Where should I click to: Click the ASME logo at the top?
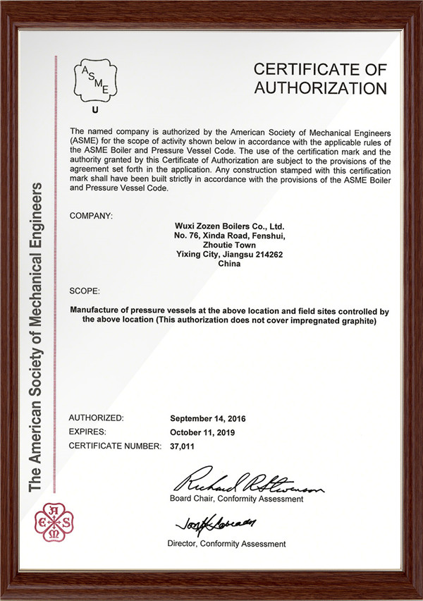point(96,80)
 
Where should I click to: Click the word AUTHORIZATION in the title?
point(320,88)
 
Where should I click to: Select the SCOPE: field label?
point(85,290)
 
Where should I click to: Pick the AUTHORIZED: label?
point(97,418)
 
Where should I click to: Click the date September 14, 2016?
point(208,418)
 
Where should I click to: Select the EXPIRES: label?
point(87,432)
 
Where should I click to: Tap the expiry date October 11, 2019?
point(203,432)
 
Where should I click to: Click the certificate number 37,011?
point(182,447)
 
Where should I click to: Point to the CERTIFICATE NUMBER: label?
point(116,447)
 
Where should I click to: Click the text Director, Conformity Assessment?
point(226,544)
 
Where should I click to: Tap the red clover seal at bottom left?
point(55,521)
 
